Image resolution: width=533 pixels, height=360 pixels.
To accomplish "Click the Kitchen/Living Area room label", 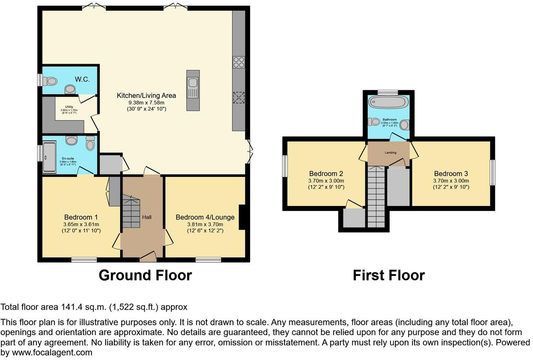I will tap(146, 96).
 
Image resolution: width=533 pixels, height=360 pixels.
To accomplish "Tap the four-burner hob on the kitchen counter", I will tap(238, 62).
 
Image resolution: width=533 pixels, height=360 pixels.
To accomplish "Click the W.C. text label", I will tap(82, 79).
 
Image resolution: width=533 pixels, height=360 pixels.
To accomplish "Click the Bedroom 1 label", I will tap(81, 217).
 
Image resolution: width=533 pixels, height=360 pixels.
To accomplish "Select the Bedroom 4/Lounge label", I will tap(205, 217).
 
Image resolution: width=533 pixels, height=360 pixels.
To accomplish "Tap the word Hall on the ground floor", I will tap(146, 217).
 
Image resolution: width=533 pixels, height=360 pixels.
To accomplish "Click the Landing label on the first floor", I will tap(390, 153).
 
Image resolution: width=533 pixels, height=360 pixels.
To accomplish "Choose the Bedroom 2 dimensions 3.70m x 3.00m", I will tap(327, 181).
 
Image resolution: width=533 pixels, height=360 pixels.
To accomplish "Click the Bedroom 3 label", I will tap(451, 173).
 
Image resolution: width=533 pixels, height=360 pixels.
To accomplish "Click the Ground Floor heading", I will tap(145, 275).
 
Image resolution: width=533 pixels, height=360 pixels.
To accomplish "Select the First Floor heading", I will tap(389, 275).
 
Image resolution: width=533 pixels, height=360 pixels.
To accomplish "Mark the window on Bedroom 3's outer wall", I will tap(493, 172).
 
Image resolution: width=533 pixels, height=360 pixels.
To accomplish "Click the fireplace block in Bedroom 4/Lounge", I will tap(242, 217).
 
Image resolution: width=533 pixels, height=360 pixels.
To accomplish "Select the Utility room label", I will tap(69, 107).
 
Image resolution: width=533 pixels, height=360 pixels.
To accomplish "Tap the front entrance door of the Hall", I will tap(147, 256).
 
